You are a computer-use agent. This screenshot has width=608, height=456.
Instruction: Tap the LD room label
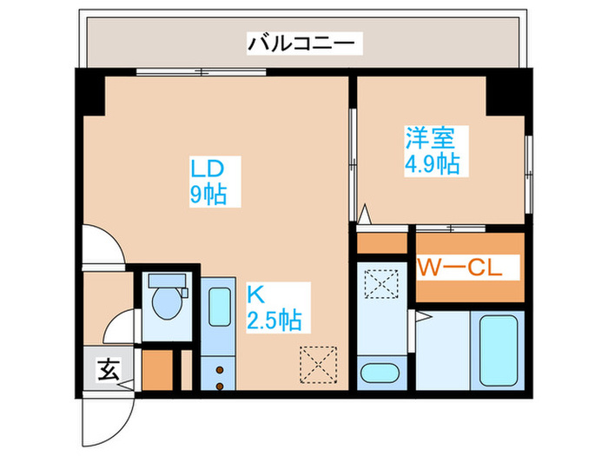[208, 168]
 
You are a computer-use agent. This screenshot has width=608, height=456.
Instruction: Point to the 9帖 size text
[208, 195]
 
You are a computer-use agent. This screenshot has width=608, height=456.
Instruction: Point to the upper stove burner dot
[219, 367]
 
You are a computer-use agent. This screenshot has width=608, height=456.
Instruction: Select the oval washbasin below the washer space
[380, 374]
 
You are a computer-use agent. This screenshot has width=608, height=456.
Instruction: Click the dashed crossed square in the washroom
[380, 284]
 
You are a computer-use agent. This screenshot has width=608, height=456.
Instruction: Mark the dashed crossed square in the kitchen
[318, 363]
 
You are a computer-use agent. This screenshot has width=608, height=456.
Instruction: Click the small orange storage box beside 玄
[156, 368]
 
